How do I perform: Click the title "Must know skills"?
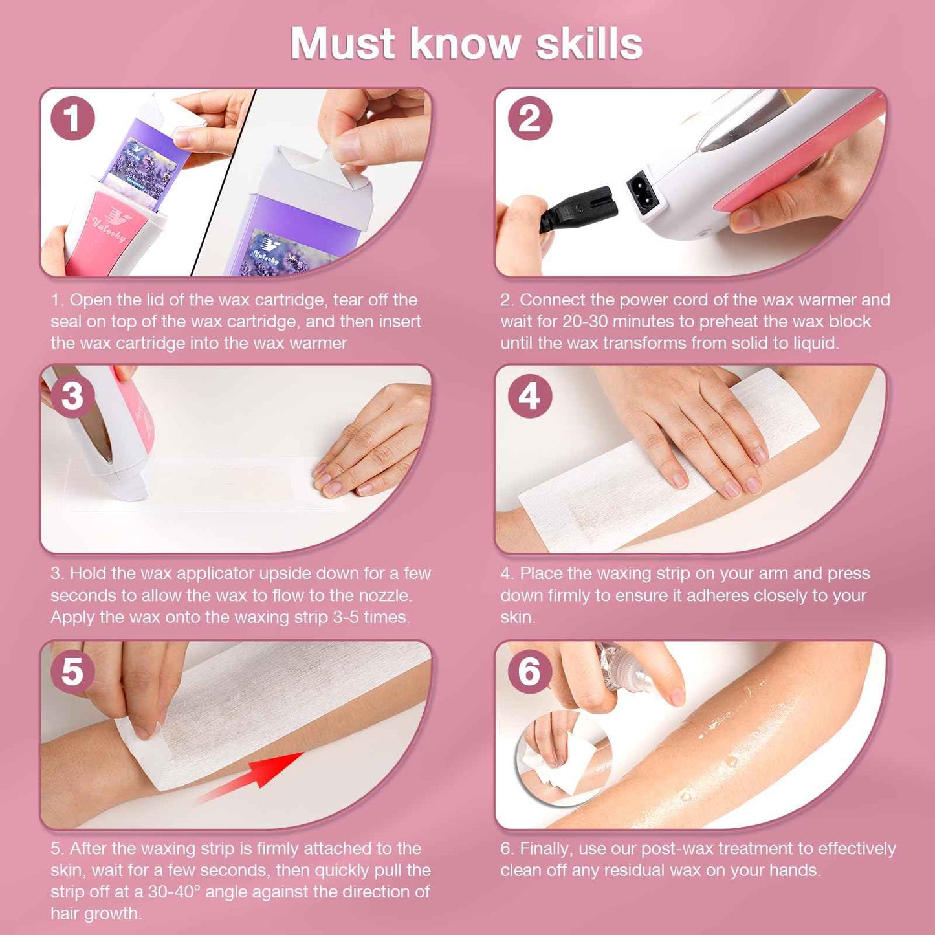point(466,44)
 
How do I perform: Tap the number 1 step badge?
point(72,118)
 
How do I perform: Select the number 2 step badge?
point(529,118)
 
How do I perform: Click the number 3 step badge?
point(72,395)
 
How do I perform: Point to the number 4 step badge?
point(529,395)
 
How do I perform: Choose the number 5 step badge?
point(72,671)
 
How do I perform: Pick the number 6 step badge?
point(529,671)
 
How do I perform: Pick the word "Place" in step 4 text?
point(541,573)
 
